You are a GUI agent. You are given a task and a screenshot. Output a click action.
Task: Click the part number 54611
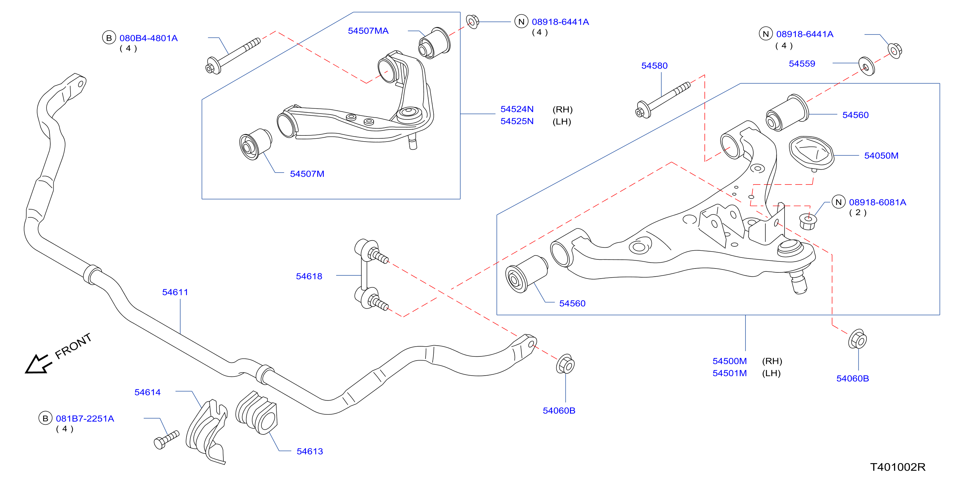point(175,292)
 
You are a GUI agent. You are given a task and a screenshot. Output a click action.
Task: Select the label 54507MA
point(368,31)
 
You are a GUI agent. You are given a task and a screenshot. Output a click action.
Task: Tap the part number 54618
point(309,277)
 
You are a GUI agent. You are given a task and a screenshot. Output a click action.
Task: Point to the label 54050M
point(881,156)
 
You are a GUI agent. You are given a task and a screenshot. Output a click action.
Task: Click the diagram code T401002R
point(898,467)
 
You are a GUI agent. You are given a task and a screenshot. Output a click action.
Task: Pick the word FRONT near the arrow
point(73,346)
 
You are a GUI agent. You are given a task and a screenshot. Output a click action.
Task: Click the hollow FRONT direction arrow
point(38,364)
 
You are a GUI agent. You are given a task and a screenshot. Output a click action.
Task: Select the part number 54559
point(802,64)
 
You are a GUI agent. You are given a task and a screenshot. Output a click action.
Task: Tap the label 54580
point(654,66)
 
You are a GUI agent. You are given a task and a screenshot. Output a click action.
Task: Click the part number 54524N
point(517,109)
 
